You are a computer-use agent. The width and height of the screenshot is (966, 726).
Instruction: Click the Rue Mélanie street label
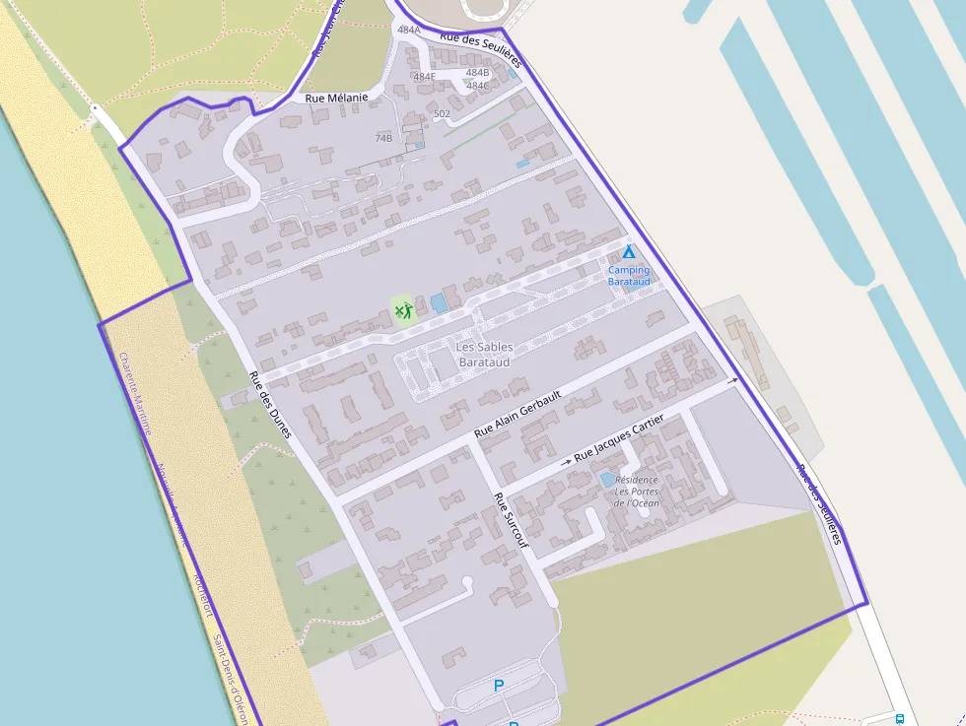336,98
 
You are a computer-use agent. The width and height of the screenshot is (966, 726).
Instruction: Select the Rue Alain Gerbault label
517,414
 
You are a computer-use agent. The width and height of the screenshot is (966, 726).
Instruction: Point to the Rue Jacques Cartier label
618,438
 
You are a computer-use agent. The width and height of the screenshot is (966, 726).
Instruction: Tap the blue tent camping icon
629,252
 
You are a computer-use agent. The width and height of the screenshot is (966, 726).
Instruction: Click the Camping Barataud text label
629,276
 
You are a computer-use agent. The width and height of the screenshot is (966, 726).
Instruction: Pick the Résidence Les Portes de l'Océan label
637,491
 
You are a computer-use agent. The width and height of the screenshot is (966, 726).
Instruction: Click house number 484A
409,31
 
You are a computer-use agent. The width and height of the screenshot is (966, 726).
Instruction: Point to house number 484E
424,77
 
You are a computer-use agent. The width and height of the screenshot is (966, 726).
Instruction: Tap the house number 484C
478,86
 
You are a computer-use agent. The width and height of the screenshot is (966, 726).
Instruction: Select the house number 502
442,114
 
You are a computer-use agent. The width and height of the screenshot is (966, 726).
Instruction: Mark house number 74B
383,138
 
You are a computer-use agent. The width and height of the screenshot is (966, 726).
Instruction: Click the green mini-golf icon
401,312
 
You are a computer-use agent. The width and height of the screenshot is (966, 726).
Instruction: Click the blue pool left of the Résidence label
606,480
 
